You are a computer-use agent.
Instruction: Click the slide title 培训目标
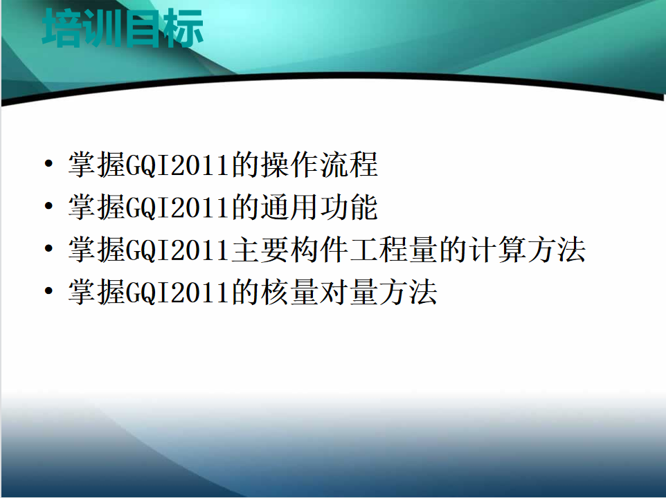point(123,28)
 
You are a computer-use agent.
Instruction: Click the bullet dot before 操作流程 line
point(49,164)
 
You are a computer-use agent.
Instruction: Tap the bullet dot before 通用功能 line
point(49,206)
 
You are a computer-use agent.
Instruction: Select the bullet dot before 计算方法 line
point(49,248)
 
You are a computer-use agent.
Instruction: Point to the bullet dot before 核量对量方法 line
point(49,291)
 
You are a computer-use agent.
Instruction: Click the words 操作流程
point(319,165)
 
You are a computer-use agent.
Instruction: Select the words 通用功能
point(319,207)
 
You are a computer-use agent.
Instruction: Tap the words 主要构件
point(289,250)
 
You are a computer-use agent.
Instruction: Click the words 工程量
point(393,250)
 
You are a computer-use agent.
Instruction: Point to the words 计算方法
point(527,250)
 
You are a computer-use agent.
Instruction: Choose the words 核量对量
point(319,292)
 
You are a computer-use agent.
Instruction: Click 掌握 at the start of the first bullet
point(97,165)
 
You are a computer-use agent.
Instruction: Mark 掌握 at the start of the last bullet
point(97,292)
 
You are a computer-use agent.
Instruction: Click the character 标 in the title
point(185,28)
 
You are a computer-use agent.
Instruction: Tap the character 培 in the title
point(61,28)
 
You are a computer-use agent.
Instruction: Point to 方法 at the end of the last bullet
point(408,292)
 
